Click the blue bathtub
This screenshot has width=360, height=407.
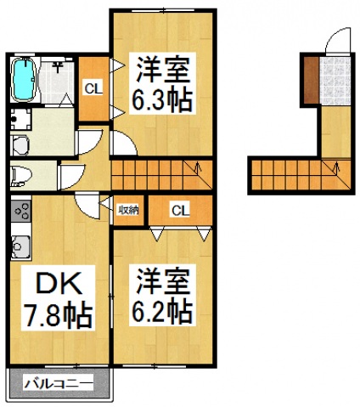(x=26, y=77)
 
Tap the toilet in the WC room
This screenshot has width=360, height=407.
(x=22, y=176)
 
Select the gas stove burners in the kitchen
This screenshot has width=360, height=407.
(x=20, y=210)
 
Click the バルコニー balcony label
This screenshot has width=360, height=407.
(x=59, y=384)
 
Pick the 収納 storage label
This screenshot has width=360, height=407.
(x=128, y=209)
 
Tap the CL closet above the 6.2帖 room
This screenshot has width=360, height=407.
(x=179, y=209)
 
